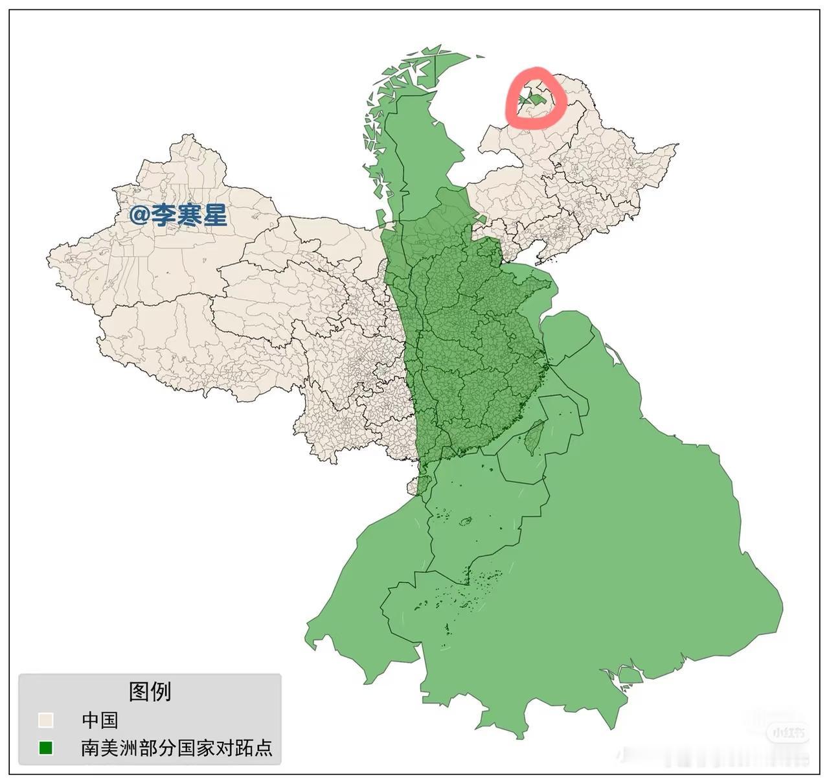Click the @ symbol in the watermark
139,215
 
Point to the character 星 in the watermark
215,215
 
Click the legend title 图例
150,691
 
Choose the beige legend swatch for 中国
45,720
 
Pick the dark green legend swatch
45,748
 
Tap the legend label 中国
100,720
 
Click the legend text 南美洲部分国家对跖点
177,748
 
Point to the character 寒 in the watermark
189,215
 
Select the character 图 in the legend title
140,691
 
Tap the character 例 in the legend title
161,691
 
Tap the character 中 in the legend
91,720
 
